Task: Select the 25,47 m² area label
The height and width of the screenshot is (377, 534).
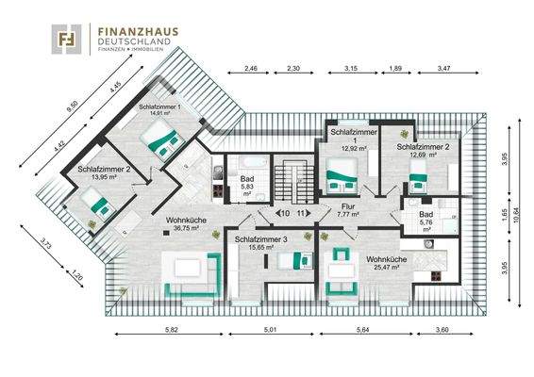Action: coord(387,268)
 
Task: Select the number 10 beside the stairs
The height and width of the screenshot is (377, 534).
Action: coord(283,214)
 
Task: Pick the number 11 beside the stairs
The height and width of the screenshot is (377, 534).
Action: coord(302,214)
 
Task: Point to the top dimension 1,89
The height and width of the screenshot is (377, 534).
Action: coord(396,69)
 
